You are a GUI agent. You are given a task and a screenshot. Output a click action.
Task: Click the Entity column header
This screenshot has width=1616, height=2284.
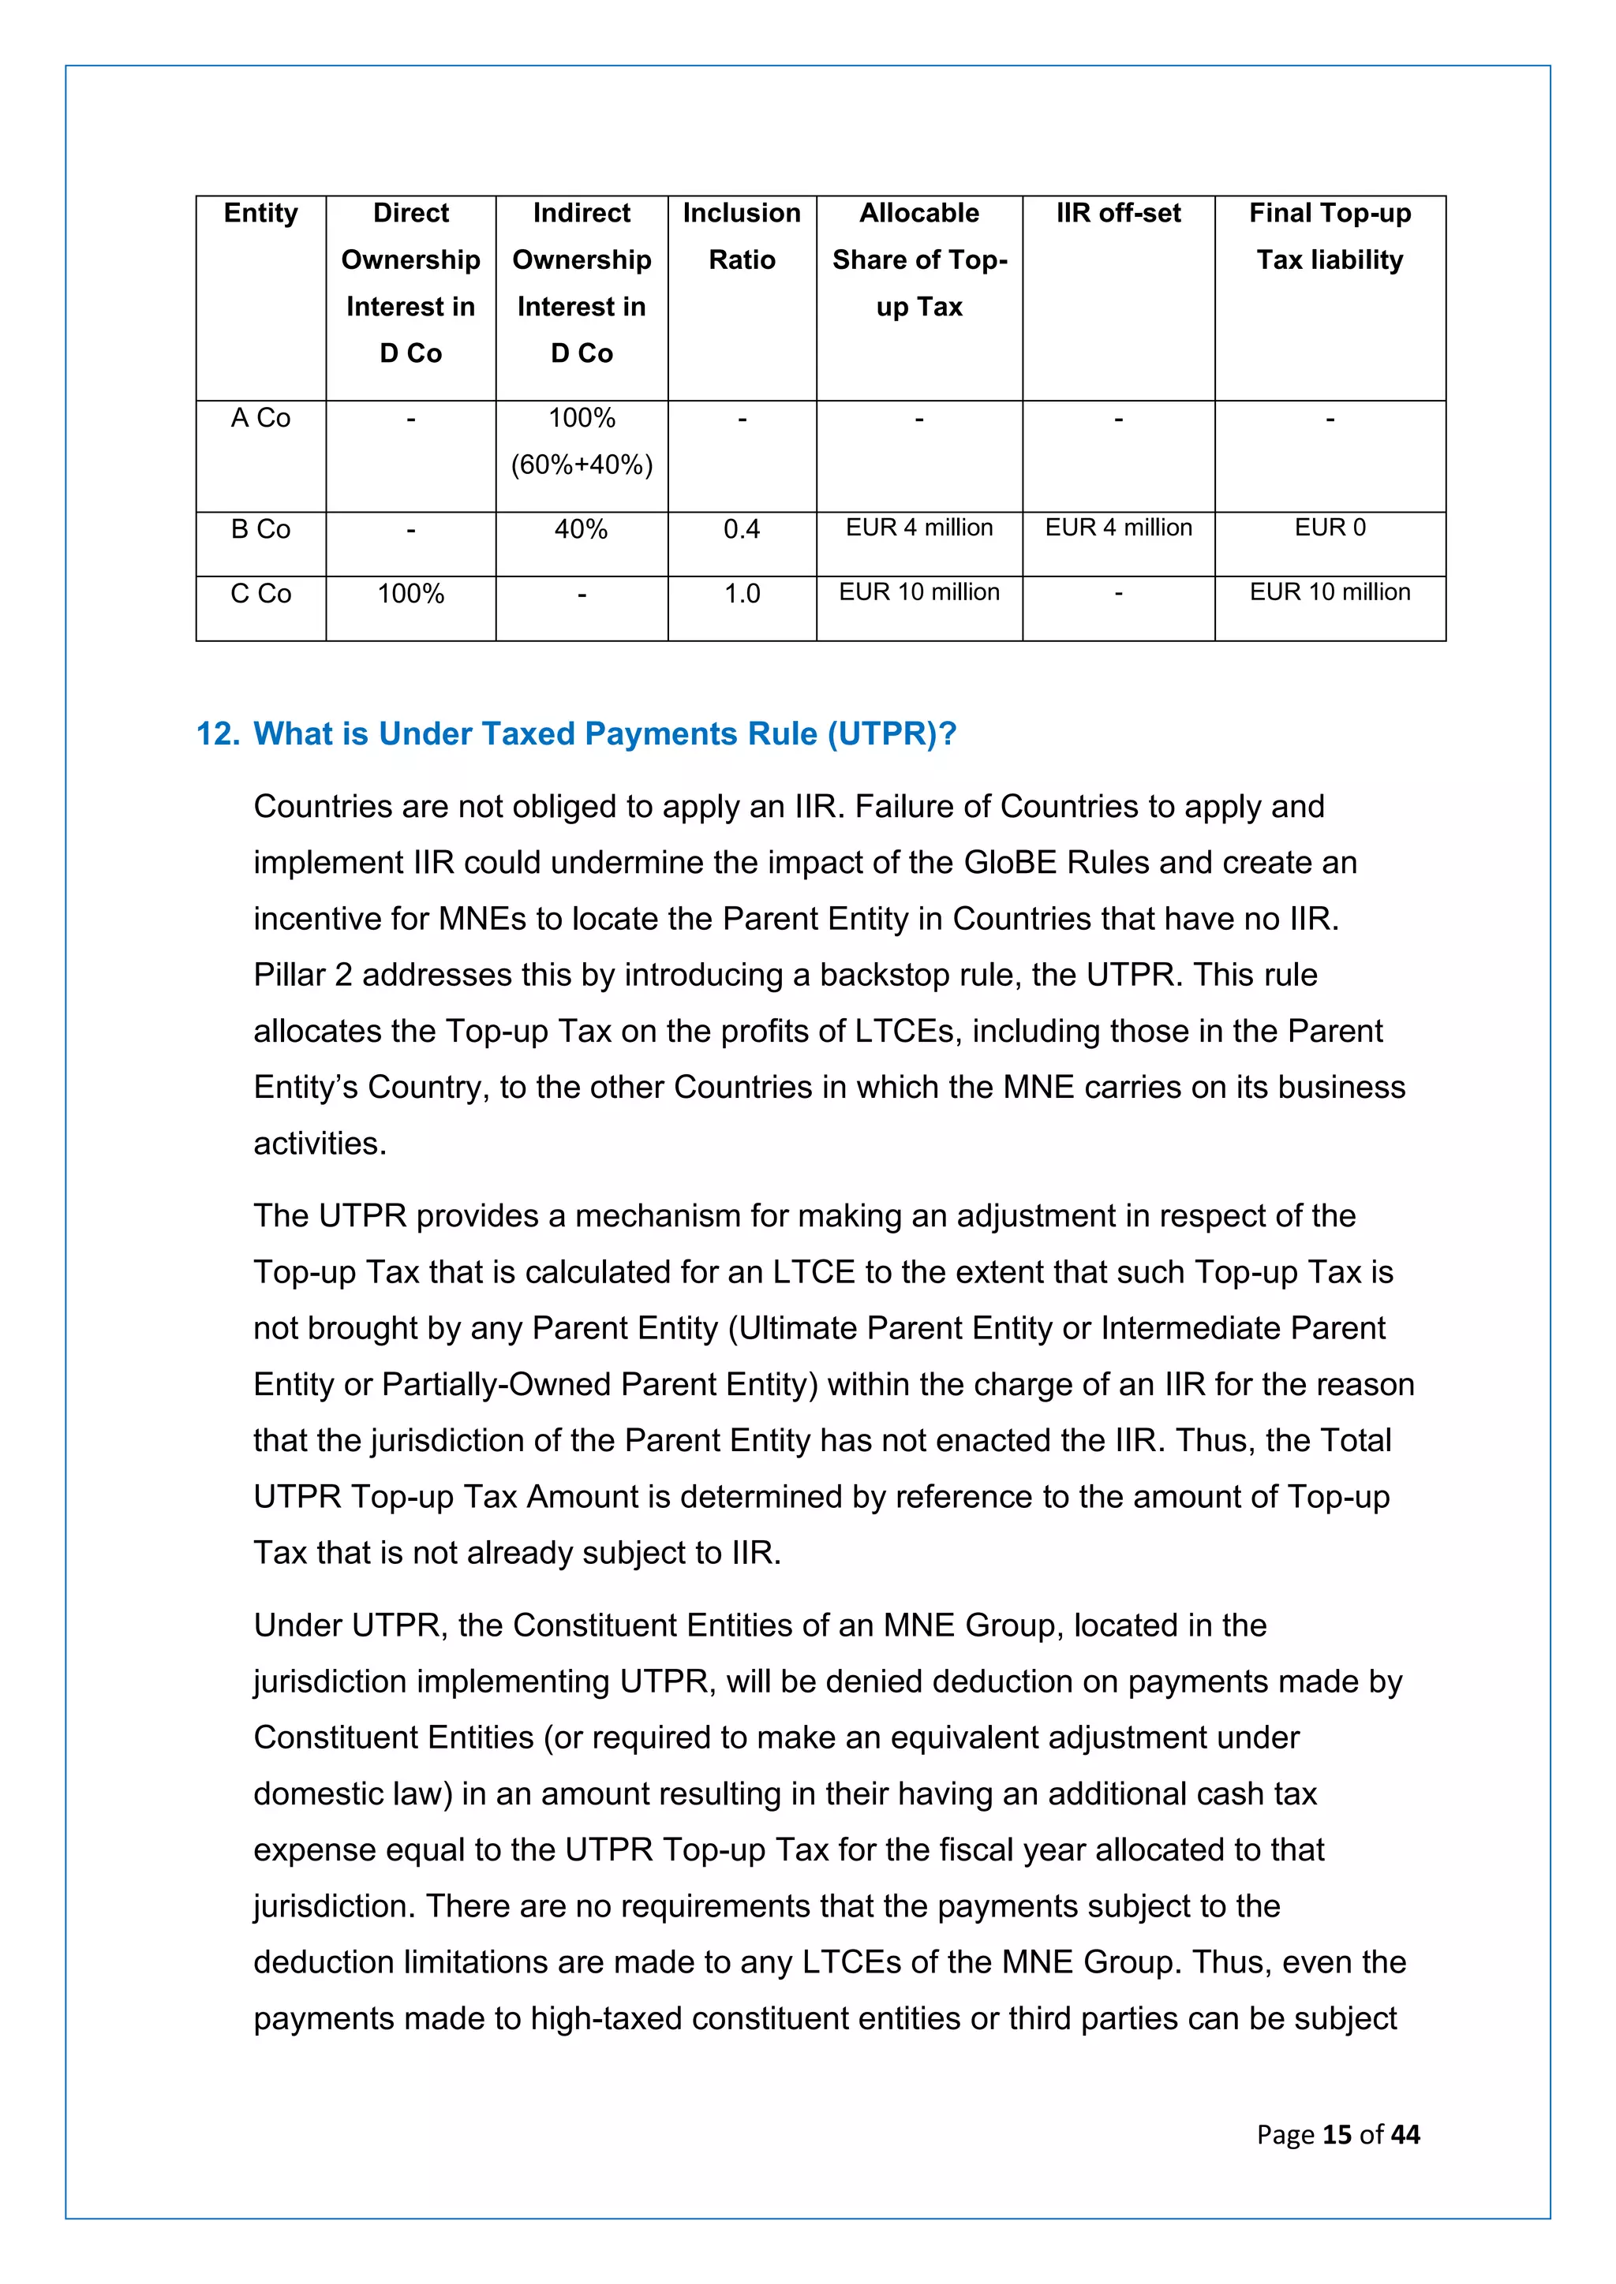point(260,213)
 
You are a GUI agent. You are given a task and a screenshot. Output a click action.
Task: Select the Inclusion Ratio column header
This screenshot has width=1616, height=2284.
point(742,237)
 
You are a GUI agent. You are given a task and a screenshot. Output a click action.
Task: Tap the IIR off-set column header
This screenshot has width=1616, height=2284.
point(1118,213)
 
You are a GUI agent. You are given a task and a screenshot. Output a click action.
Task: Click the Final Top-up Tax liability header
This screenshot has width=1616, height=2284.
point(1330,237)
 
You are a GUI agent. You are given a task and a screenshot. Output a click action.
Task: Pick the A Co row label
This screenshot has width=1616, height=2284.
point(260,419)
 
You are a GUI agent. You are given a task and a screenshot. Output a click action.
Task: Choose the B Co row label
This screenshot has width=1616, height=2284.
point(260,529)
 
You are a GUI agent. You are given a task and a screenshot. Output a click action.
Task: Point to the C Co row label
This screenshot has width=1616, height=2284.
point(260,594)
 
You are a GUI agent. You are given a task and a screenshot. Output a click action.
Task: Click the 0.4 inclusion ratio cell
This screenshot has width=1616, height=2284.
point(742,529)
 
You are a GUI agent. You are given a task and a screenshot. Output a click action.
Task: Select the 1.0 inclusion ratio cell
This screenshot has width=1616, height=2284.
point(742,594)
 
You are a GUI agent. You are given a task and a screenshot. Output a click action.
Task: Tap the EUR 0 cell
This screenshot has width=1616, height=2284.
point(1330,528)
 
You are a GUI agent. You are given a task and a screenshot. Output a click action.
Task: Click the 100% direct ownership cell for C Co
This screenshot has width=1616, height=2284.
point(411,594)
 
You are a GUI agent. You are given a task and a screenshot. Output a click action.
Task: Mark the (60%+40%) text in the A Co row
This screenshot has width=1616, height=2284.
point(582,465)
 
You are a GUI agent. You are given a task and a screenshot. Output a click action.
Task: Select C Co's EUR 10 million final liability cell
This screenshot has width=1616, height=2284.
point(1330,592)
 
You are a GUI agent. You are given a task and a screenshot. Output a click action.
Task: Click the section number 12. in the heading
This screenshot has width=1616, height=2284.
point(218,734)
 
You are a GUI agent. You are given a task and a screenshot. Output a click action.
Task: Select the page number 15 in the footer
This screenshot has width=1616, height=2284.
point(1337,2135)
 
